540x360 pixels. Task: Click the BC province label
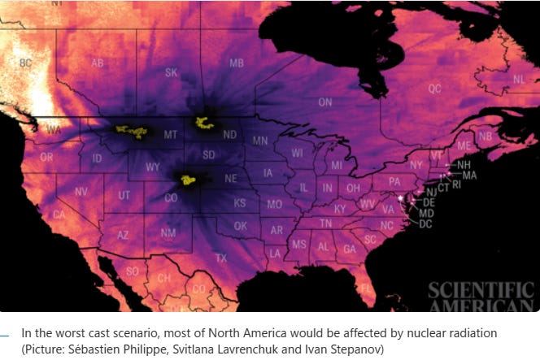click(x=25, y=63)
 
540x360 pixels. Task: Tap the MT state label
click(x=171, y=134)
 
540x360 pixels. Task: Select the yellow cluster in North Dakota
click(x=203, y=123)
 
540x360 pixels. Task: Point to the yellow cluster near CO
click(x=189, y=180)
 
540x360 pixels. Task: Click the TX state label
click(x=221, y=258)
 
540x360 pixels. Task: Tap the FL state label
click(x=367, y=288)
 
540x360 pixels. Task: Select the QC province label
click(x=434, y=88)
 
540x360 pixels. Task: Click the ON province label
click(x=324, y=102)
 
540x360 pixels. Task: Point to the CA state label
click(x=59, y=215)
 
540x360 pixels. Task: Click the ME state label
click(x=464, y=145)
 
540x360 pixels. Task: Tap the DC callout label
click(x=425, y=223)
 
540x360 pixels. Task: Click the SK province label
click(x=171, y=72)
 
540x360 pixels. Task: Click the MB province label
click(x=237, y=63)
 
